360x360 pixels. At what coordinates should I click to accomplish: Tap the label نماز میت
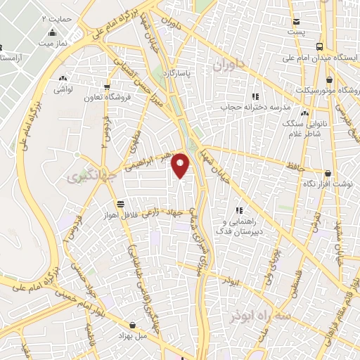click(x=52, y=44)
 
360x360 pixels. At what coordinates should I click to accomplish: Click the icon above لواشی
click(x=64, y=79)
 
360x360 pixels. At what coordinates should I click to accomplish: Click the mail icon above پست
click(x=297, y=22)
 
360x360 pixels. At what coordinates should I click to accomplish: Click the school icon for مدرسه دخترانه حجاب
click(x=255, y=96)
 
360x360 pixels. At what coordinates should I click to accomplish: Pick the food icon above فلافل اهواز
click(x=121, y=203)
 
